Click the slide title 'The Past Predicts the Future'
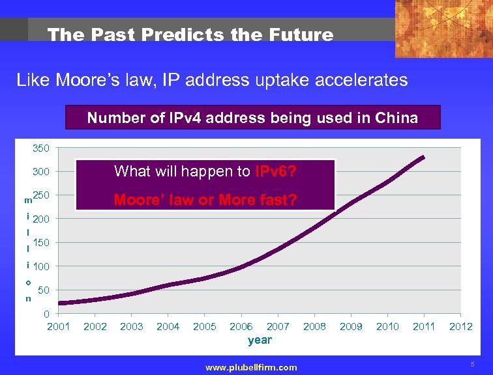coord(190,35)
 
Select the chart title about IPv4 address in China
coord(253,118)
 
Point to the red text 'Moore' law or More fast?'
coord(205,200)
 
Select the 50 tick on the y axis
coord(45,290)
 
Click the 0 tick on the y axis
coord(47,314)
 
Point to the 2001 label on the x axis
coord(59,326)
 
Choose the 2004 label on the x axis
coord(168,326)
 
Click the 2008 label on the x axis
coord(314,326)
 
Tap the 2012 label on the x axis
coord(460,326)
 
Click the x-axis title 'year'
coord(260,340)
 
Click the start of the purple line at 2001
coord(60,303)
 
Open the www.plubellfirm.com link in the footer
coord(251,367)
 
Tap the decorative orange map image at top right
coord(443,29)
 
